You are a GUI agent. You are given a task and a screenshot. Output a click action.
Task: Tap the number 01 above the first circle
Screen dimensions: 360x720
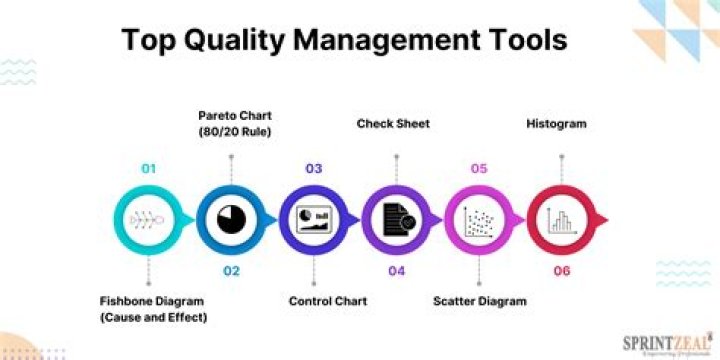[149, 169]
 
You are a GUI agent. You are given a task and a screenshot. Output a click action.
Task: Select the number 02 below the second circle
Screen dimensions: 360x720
[231, 271]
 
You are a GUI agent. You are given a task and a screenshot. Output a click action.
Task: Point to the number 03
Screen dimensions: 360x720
[313, 169]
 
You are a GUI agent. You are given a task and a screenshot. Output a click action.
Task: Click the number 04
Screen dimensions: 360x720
[396, 271]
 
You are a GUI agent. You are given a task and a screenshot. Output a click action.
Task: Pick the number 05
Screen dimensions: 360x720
[478, 169]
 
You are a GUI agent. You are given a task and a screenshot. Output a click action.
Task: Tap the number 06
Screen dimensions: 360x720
[560, 271]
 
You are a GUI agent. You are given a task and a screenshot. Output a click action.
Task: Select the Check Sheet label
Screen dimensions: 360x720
[393, 124]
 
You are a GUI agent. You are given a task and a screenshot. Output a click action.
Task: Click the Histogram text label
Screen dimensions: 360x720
[557, 124]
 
